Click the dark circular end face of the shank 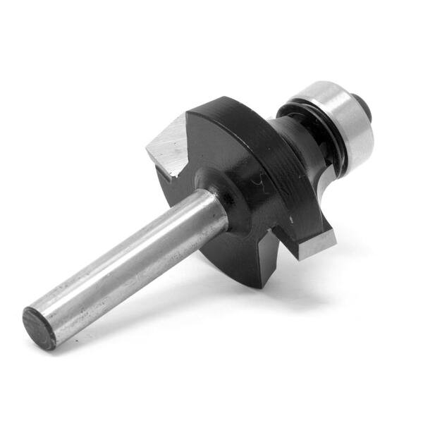coord(39,327)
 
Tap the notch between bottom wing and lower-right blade coord(282,254)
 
